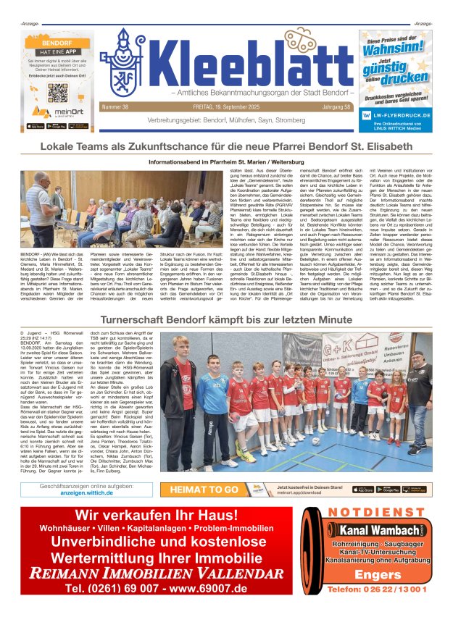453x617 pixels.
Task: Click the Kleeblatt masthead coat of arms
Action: click(x=125, y=64)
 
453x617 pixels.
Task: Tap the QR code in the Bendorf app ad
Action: click(x=58, y=92)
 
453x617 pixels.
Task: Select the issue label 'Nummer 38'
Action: click(x=116, y=107)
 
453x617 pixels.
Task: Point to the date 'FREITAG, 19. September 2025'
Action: click(x=226, y=107)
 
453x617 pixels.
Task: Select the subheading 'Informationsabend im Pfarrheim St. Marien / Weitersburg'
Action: click(x=226, y=162)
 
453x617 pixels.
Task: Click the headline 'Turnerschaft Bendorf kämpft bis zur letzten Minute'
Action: click(x=226, y=319)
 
